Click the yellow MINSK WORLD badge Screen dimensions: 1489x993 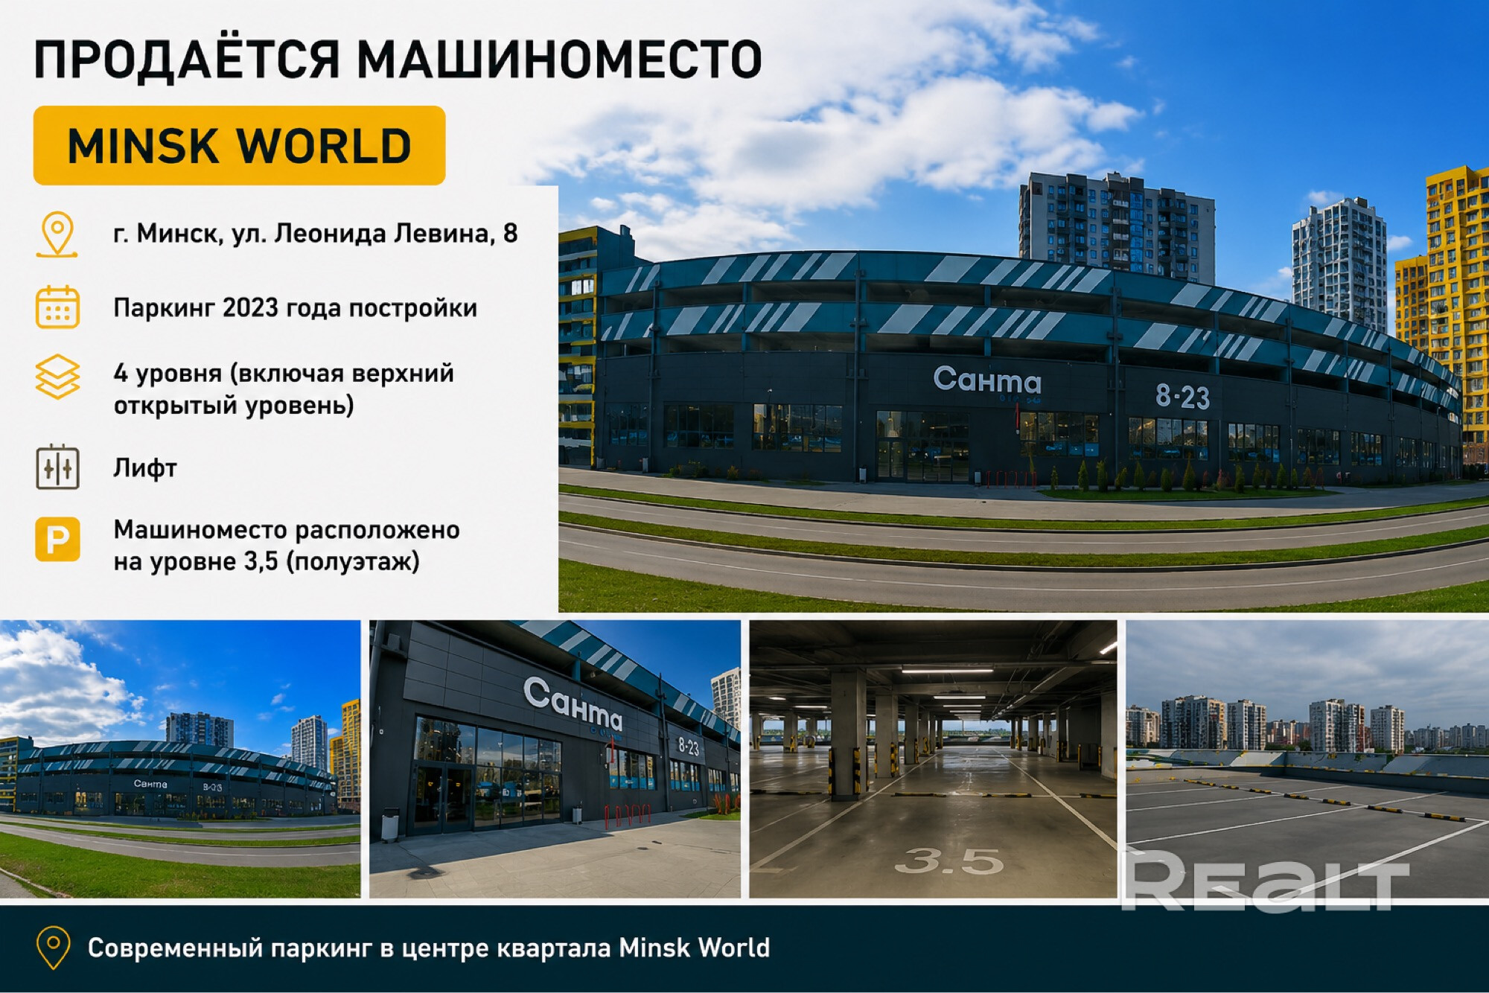[x=239, y=145]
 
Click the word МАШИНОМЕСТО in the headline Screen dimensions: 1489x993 [x=560, y=60]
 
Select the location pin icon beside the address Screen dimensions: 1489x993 [x=57, y=234]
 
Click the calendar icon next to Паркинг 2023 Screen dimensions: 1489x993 [x=57, y=307]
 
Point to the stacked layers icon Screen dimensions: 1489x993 [x=57, y=377]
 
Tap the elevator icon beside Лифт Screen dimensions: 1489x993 [x=57, y=467]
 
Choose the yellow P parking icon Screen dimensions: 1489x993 [x=57, y=539]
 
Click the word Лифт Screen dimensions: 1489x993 [x=145, y=468]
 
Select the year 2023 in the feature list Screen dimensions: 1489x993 [x=250, y=307]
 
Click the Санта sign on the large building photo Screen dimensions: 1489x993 [x=987, y=380]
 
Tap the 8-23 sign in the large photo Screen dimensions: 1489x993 [x=1182, y=396]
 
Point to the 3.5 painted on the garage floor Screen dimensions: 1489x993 [x=949, y=861]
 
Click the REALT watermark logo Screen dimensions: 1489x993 [x=1265, y=881]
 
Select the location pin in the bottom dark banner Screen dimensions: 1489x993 [x=54, y=948]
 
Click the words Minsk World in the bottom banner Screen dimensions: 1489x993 [x=695, y=948]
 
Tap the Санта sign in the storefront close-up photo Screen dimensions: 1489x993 [x=573, y=703]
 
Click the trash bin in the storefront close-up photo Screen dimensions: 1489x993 [x=390, y=824]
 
